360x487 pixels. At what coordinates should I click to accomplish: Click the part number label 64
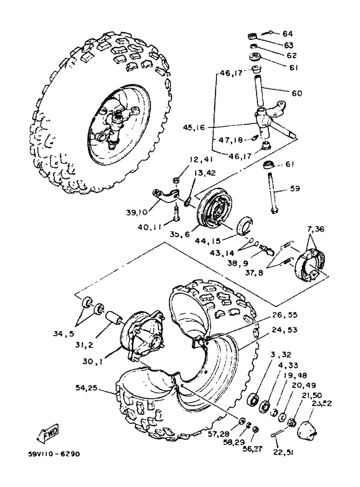(x=288, y=33)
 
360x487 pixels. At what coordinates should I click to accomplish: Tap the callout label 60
(x=297, y=93)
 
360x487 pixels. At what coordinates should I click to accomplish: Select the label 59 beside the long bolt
(x=295, y=188)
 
